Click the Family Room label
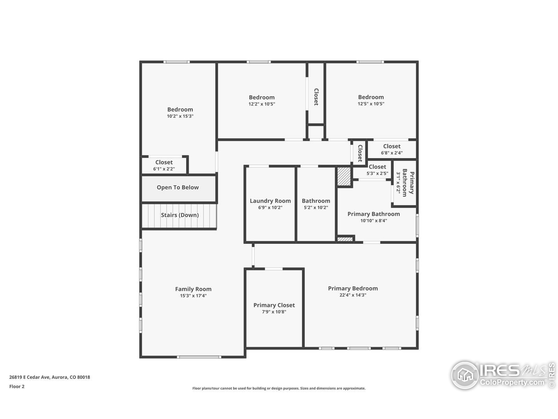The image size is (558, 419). click(x=193, y=289)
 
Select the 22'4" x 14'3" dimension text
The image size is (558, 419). click(x=353, y=295)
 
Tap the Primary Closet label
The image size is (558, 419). click(x=274, y=305)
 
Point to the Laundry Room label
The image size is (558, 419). click(x=270, y=201)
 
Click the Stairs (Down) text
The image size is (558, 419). click(x=180, y=215)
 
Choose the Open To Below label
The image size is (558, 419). click(x=178, y=187)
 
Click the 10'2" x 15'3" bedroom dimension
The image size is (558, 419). click(x=180, y=116)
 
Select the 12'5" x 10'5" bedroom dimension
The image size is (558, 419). click(x=371, y=104)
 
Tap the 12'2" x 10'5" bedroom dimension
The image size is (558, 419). click(x=262, y=104)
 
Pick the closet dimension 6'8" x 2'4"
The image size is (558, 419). click(x=392, y=153)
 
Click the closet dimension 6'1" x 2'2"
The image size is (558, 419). click(x=164, y=169)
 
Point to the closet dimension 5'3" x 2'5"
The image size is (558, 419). click(x=377, y=173)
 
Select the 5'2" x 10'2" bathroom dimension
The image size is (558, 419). click(x=316, y=208)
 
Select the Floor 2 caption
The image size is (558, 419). click(x=17, y=386)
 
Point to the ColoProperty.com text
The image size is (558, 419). click(x=512, y=382)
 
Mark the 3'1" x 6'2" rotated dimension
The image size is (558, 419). click(x=398, y=183)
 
